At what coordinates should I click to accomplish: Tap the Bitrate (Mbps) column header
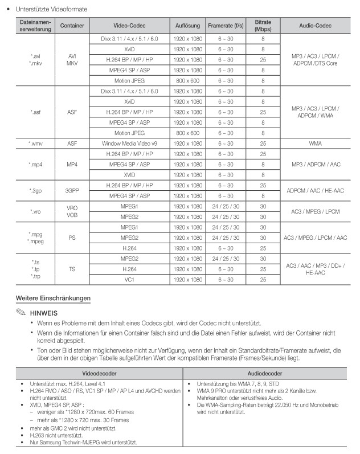point(263,26)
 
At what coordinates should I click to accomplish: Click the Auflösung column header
point(187,26)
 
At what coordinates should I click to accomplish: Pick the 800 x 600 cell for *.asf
point(187,133)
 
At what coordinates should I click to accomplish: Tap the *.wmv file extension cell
point(35,144)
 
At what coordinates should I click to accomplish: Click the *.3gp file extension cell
point(35,191)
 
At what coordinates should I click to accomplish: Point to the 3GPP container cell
point(72,191)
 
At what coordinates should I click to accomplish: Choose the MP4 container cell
point(72,165)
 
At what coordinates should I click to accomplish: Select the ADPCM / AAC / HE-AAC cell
point(316,191)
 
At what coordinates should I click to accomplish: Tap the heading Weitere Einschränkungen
point(53,298)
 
